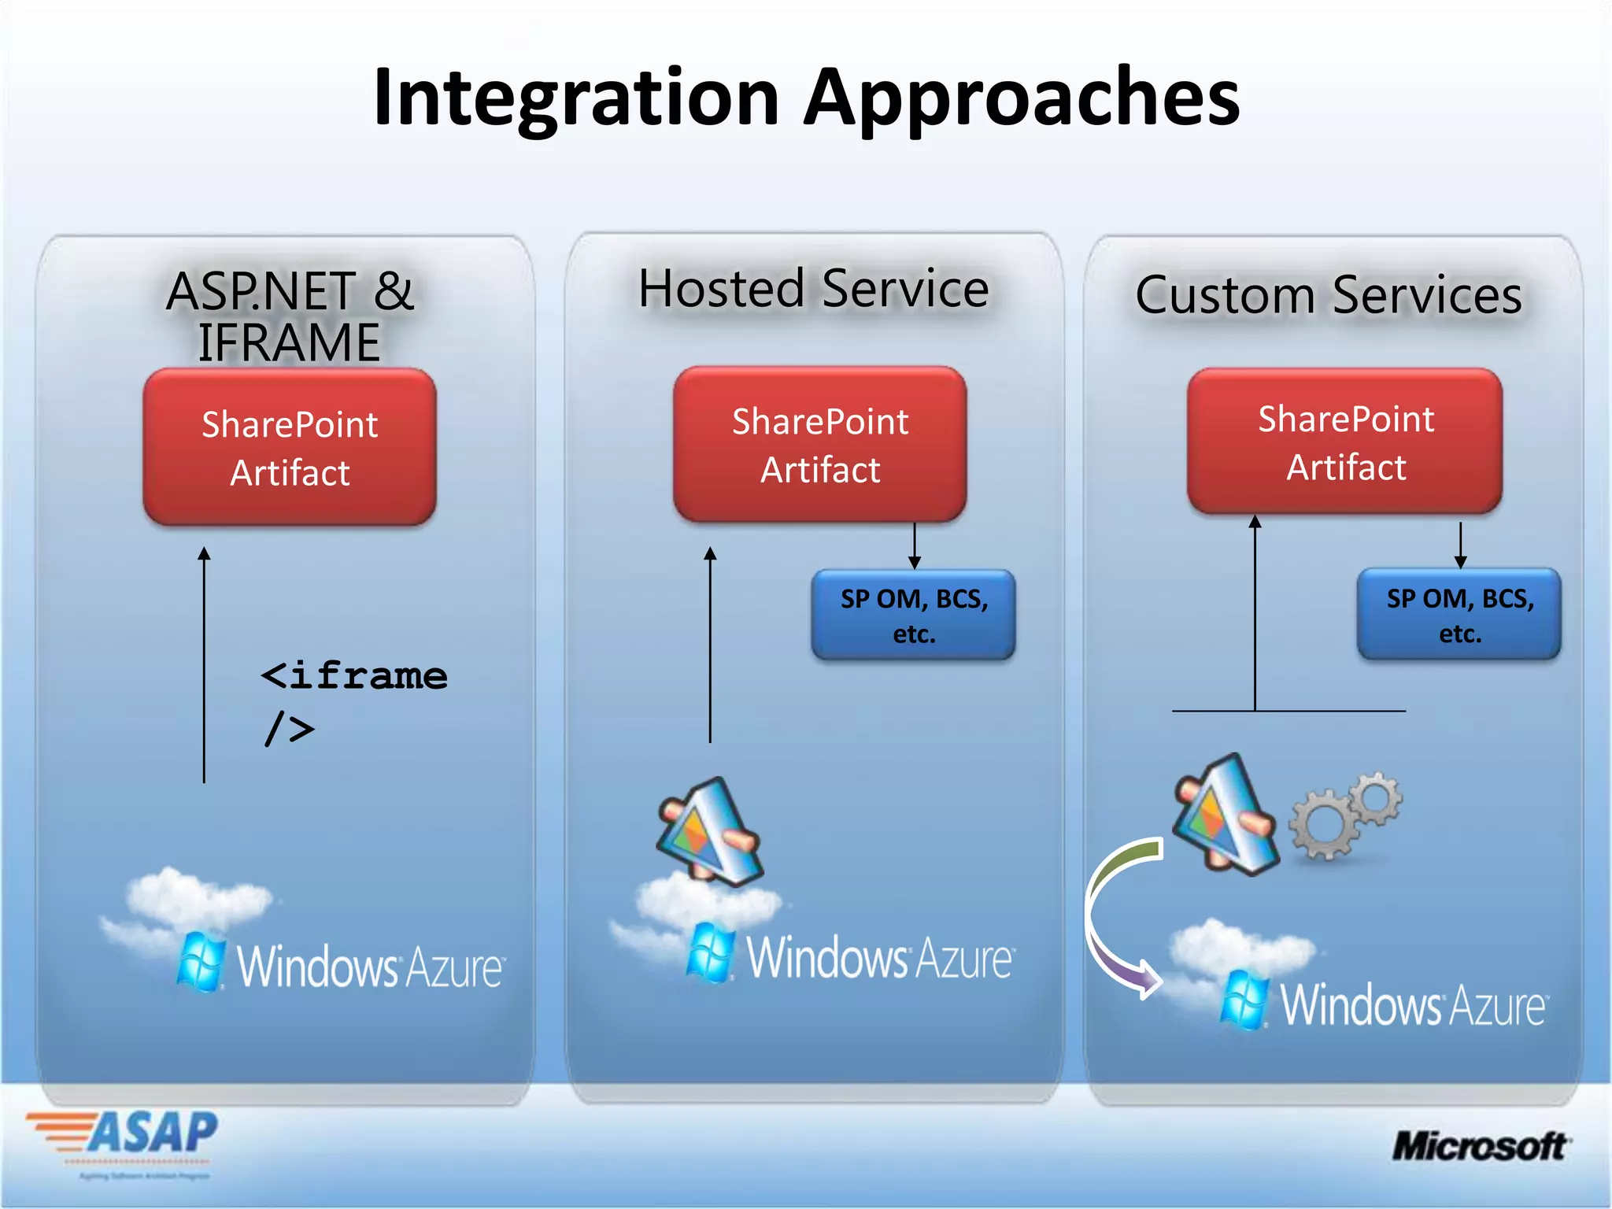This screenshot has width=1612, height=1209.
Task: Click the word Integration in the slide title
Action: tap(576, 98)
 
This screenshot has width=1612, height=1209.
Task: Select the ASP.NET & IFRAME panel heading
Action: tap(289, 316)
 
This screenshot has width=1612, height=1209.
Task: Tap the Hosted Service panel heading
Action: tap(813, 289)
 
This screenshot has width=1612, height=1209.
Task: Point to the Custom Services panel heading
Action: tap(1328, 295)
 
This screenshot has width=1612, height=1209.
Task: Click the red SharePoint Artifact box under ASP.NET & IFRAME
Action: tap(289, 447)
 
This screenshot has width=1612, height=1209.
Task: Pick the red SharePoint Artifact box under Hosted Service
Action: tap(819, 445)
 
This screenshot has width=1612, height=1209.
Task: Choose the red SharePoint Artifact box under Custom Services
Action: tap(1344, 442)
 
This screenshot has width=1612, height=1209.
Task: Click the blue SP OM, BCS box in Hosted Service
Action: tap(913, 616)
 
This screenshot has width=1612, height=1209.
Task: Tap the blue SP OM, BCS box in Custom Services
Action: tap(1459, 615)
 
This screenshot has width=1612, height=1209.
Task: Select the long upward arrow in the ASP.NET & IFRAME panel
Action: tap(204, 665)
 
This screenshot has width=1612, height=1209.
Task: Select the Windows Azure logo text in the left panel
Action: tap(370, 967)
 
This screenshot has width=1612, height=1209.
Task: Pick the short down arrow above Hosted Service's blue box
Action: tap(914, 545)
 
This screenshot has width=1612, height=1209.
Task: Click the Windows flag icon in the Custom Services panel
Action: tap(1243, 1000)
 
